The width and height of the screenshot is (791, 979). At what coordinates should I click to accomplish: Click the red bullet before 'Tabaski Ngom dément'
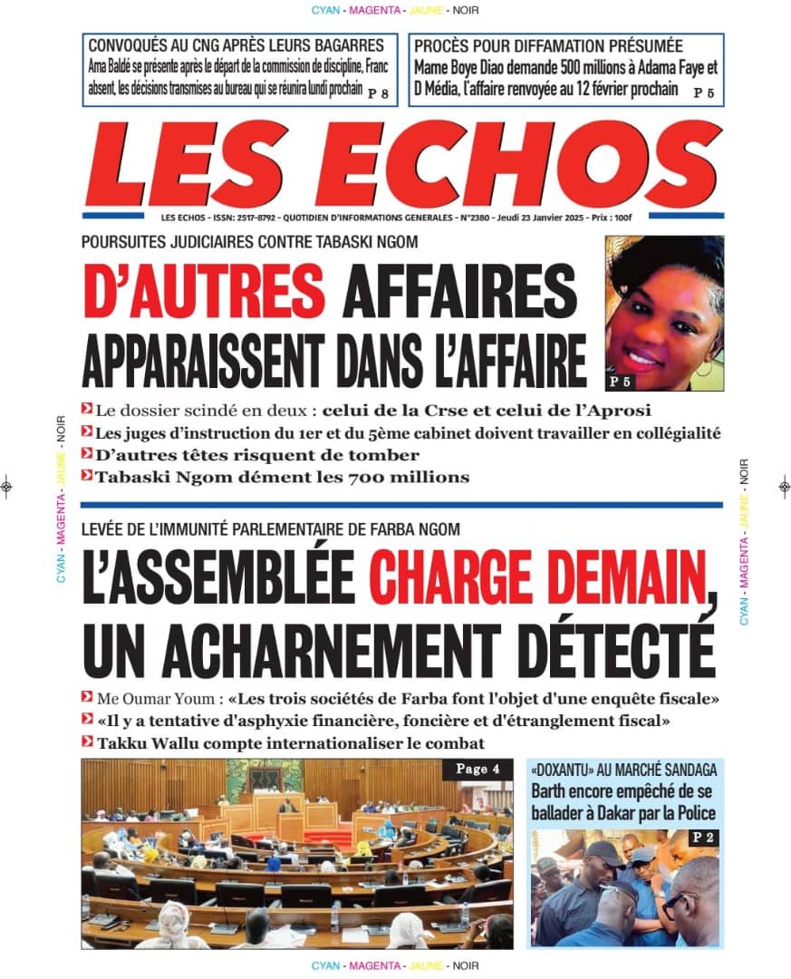(86, 476)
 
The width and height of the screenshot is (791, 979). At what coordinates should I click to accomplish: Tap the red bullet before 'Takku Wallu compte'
(86, 742)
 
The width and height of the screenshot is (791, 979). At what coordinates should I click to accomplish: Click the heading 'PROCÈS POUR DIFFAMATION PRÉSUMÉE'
(548, 46)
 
